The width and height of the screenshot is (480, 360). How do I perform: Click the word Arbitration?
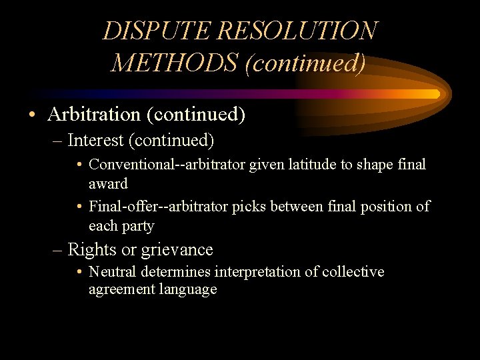pos(94,115)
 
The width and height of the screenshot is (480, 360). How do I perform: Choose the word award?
pos(108,183)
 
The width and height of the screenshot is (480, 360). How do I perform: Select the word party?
pos(139,227)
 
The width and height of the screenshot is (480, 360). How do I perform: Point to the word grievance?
pos(178,251)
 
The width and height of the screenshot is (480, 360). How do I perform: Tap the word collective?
pos(353,272)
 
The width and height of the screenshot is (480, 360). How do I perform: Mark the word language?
pos(188,289)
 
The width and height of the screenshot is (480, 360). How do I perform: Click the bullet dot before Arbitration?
pos(32,115)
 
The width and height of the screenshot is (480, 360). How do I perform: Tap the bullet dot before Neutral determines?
pos(79,273)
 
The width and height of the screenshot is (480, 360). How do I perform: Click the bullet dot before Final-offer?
pos(79,207)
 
